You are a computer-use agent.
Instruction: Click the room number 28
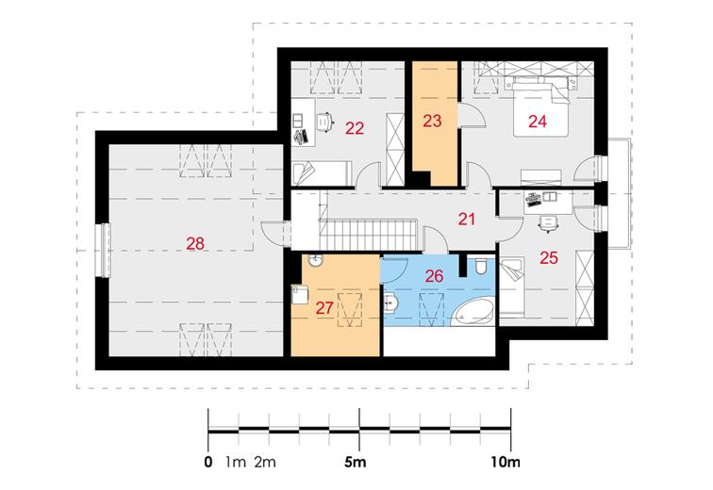pyautogui.click(x=195, y=244)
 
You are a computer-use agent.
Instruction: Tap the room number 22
pyautogui.click(x=355, y=128)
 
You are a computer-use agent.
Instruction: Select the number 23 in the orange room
pyautogui.click(x=432, y=121)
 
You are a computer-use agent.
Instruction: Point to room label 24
pyautogui.click(x=538, y=122)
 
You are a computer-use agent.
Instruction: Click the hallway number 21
pyautogui.click(x=467, y=220)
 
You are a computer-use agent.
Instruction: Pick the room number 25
pyautogui.click(x=549, y=258)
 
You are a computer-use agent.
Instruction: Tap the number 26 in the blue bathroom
pyautogui.click(x=434, y=276)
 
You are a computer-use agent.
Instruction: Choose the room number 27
pyautogui.click(x=324, y=308)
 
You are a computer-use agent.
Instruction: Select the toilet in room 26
pyautogui.click(x=481, y=267)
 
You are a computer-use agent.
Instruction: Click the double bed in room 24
pyautogui.click(x=541, y=106)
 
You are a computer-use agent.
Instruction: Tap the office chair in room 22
pyautogui.click(x=324, y=122)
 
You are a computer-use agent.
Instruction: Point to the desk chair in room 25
pyautogui.click(x=548, y=224)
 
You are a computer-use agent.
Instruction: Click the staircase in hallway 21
pyautogui.click(x=369, y=234)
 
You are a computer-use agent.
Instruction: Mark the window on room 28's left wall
pyautogui.click(x=104, y=250)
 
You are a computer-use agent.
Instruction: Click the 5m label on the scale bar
pyautogui.click(x=356, y=463)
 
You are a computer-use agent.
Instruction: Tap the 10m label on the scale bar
pyautogui.click(x=506, y=463)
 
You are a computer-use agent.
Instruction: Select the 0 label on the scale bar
pyautogui.click(x=208, y=463)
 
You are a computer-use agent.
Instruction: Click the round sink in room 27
pyautogui.click(x=315, y=261)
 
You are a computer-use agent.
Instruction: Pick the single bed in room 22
pyautogui.click(x=322, y=173)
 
